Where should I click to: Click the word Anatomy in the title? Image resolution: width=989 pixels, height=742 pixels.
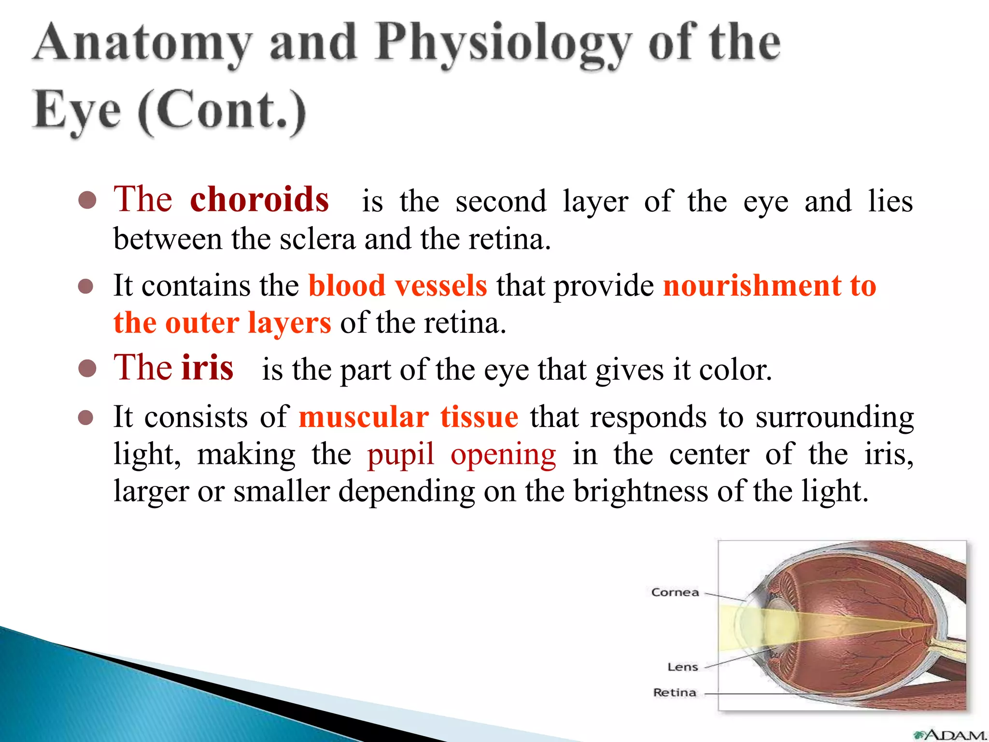point(143,44)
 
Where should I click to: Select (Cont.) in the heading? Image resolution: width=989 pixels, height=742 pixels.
point(223,112)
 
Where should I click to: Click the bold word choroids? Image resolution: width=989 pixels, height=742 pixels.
point(259,200)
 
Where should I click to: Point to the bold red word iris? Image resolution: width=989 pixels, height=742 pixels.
point(207,368)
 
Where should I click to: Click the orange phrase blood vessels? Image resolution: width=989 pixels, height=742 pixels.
point(397,285)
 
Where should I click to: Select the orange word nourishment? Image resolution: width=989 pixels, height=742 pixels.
point(752,285)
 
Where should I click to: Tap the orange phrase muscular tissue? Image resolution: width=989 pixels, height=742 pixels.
point(409,417)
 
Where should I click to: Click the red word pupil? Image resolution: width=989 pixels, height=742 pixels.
point(400,455)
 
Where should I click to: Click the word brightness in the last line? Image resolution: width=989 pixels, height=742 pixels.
point(641,491)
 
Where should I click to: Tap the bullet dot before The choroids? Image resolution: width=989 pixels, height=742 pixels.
point(87,200)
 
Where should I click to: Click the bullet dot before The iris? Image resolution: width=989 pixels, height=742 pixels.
point(87,369)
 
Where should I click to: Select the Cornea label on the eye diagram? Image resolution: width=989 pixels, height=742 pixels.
point(675,592)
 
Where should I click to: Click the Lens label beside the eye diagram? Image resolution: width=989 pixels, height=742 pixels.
point(682,667)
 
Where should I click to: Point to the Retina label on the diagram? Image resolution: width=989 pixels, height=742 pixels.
point(674,693)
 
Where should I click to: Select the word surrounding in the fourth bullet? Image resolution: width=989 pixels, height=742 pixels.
point(834,417)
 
